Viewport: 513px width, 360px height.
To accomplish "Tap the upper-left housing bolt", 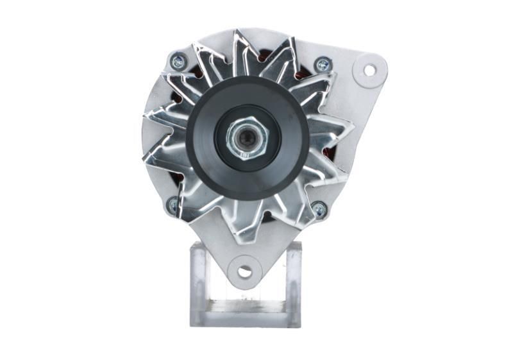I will coord(178,62).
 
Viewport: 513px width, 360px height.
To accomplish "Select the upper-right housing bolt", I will coord(323,64).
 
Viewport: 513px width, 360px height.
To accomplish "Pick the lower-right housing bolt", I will coord(319,208).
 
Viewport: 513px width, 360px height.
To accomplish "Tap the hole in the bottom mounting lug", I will coord(244,271).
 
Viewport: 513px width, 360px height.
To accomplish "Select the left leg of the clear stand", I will coord(199,282).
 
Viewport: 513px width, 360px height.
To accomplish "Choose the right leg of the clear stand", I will coord(294,282).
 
